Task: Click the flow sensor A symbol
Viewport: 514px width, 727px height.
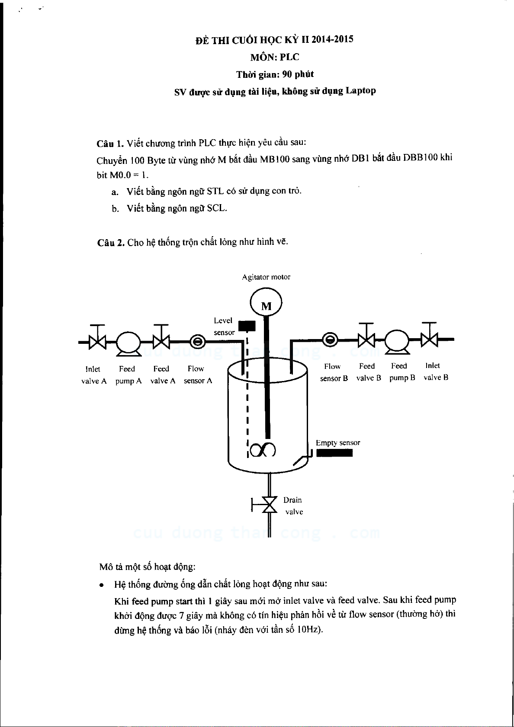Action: click(x=198, y=342)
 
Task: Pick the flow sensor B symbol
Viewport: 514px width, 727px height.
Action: click(x=330, y=340)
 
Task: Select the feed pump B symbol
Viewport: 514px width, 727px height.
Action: click(x=397, y=340)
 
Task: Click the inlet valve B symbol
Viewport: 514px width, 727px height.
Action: click(x=429, y=339)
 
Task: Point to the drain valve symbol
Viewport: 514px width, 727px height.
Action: click(x=270, y=504)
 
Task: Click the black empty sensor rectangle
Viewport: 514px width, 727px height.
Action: click(x=334, y=453)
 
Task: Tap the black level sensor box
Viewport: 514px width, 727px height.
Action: click(x=247, y=326)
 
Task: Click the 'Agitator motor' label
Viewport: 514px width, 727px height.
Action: click(x=266, y=277)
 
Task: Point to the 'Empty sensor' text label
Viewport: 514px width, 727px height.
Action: click(x=337, y=443)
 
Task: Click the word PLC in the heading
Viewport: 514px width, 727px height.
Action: click(x=289, y=57)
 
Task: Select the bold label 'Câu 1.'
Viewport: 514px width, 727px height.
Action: click(x=110, y=144)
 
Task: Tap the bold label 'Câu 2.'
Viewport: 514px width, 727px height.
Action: click(x=111, y=243)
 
